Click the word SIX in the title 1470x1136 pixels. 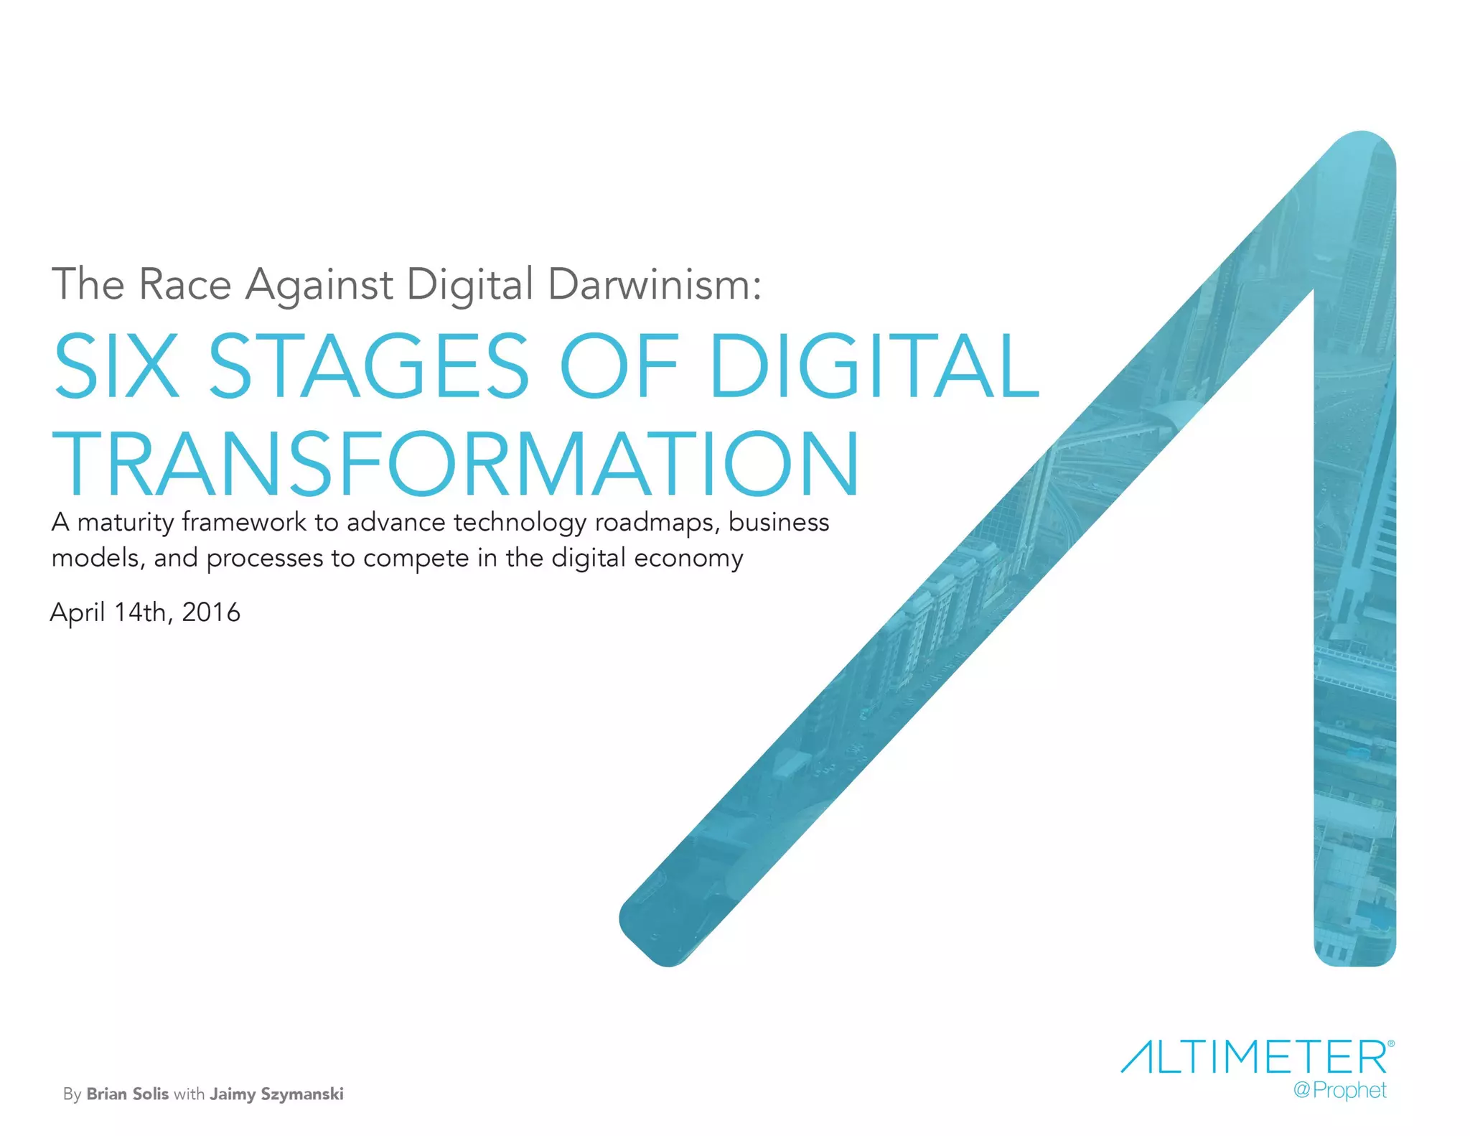click(116, 366)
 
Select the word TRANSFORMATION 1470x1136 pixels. click(456, 463)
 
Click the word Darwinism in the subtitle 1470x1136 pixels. click(654, 284)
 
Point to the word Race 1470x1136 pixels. click(184, 284)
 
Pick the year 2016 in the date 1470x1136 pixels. click(211, 613)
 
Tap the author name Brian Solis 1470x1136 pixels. click(128, 1094)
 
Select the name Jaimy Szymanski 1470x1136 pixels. click(276, 1094)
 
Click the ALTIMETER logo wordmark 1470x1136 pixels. click(1253, 1057)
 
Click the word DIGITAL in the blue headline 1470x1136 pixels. click(874, 366)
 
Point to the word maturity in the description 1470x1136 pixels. click(126, 523)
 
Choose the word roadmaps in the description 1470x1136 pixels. click(657, 523)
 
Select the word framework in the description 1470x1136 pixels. click(244, 522)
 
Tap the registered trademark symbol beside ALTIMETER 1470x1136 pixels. click(1391, 1043)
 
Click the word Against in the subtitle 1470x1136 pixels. click(319, 285)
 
